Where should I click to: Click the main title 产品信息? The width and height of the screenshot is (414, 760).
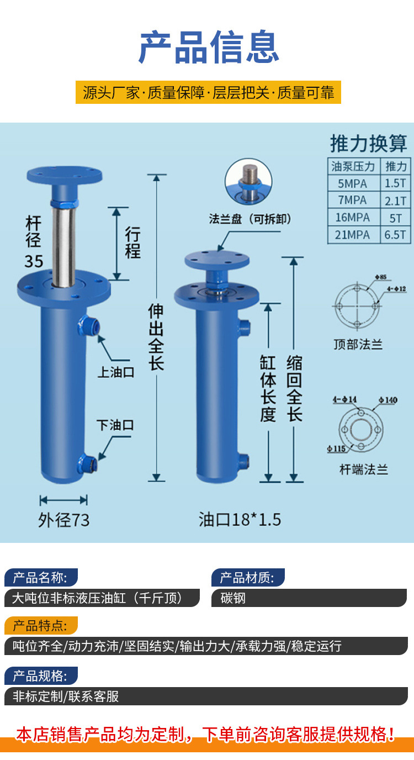(208, 47)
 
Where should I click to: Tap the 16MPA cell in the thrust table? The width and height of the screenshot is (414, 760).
(352, 217)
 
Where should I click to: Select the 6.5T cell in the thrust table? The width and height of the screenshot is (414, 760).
(396, 235)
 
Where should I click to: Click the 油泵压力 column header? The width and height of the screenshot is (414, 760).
(352, 166)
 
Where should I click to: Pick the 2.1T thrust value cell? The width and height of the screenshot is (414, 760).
(396, 200)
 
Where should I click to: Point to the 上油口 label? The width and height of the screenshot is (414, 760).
(116, 372)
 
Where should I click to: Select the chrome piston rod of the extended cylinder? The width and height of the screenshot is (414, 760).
(64, 243)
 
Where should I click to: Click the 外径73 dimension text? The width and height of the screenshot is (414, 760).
(64, 520)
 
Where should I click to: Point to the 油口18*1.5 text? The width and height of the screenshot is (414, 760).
(240, 520)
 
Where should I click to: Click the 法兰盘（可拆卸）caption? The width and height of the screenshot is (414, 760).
(250, 219)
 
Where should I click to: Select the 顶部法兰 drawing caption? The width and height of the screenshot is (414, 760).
(358, 345)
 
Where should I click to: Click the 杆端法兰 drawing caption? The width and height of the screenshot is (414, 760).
(363, 470)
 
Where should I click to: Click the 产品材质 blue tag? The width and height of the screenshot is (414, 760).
(247, 578)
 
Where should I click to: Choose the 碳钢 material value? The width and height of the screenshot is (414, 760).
(233, 598)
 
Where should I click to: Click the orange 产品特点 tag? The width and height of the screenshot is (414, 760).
(41, 626)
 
